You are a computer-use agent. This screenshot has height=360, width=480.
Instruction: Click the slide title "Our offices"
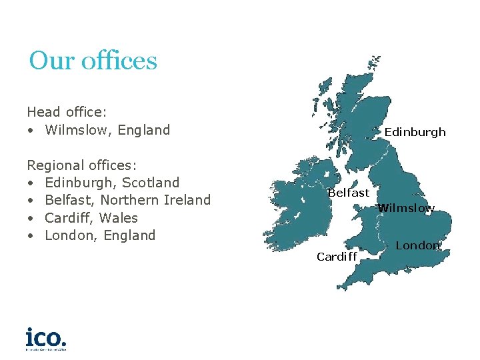[93, 61]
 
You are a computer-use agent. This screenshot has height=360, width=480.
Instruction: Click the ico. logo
[46, 338]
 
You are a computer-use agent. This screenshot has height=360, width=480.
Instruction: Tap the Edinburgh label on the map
[415, 132]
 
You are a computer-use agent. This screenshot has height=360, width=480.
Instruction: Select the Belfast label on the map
[348, 193]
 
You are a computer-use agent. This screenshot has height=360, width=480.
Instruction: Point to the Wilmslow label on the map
[406, 208]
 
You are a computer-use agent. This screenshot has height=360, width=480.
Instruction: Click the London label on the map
[418, 245]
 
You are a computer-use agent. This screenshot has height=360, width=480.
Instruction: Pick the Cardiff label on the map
[337, 257]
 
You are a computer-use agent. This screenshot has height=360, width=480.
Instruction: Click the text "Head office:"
[67, 112]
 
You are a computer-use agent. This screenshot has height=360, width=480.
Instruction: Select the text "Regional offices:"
[82, 165]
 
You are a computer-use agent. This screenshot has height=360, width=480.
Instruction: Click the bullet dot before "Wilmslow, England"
[31, 130]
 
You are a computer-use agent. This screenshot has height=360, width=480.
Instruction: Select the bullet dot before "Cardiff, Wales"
[31, 218]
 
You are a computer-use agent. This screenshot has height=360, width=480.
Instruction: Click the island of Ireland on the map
[297, 200]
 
